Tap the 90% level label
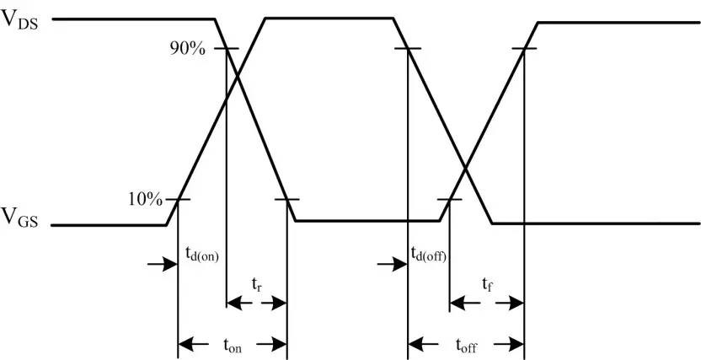tap(187, 49)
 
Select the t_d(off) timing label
tap(428, 254)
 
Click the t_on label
tap(233, 344)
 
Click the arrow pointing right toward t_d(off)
tap(391, 264)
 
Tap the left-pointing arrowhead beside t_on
tap(193, 344)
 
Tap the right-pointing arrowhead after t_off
tap(508, 344)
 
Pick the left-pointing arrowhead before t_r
tap(235, 303)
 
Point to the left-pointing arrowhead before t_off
tap(422, 344)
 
